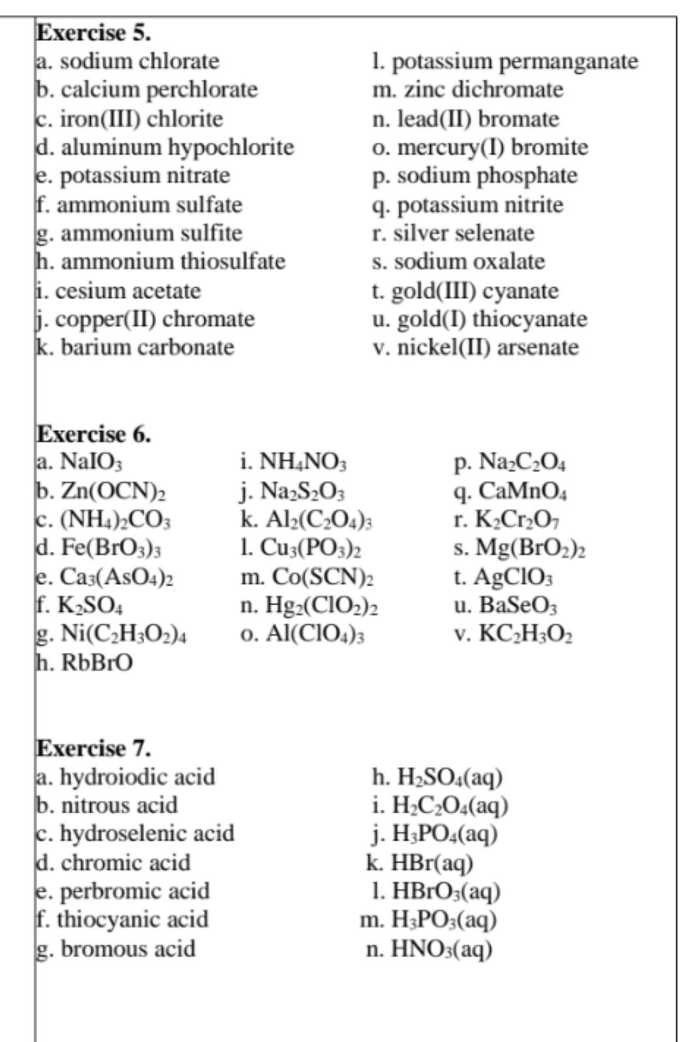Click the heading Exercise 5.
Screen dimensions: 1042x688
point(93,32)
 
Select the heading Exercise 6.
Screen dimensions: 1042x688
point(93,434)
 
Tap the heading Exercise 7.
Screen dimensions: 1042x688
point(93,748)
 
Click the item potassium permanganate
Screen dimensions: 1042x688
point(505,61)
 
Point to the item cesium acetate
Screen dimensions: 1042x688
point(119,291)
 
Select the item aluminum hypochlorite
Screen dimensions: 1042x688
point(165,147)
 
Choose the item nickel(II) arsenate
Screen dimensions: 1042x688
point(476,347)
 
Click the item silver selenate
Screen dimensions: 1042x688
point(454,233)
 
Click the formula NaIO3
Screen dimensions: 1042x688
point(90,462)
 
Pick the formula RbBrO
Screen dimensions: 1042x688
point(96,663)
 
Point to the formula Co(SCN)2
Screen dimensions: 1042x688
point(306,577)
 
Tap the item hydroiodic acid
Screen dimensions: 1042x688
point(125,777)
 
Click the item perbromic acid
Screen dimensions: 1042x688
point(123,891)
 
